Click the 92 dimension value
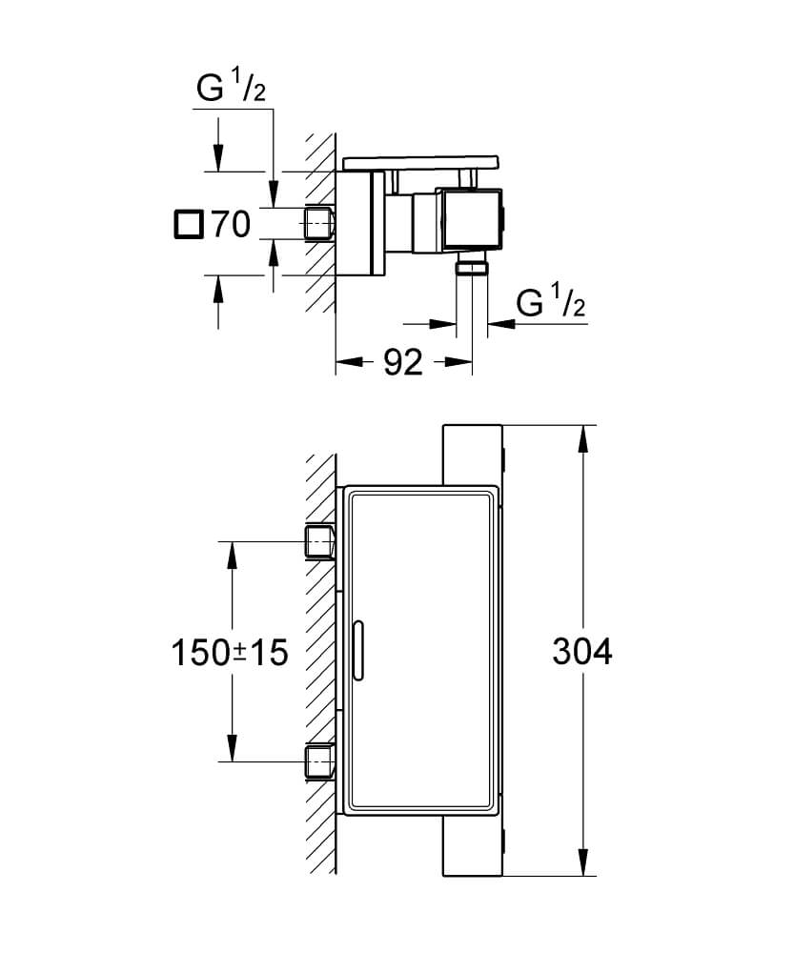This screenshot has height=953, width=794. pos(403,363)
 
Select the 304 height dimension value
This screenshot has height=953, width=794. pos(581,652)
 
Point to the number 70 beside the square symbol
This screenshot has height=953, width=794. pos(231,224)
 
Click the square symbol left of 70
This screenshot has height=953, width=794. pos(188,225)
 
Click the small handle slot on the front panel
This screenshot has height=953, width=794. pos(357,650)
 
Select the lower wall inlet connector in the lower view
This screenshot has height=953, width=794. pos(319,760)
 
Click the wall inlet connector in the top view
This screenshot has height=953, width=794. pos(318,224)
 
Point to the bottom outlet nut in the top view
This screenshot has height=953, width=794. pos(472,266)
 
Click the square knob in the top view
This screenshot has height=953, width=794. pos(473,218)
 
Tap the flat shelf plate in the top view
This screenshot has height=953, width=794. pos(420,163)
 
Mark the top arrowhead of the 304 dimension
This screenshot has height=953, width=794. pos(583,438)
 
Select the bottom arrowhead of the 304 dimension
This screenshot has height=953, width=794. pos(583,862)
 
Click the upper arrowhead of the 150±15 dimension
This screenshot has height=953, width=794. pos(232,555)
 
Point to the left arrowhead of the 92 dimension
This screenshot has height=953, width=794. pos(348,361)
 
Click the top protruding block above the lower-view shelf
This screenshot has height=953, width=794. pos(473,455)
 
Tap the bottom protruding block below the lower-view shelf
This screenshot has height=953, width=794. pos(473,846)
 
